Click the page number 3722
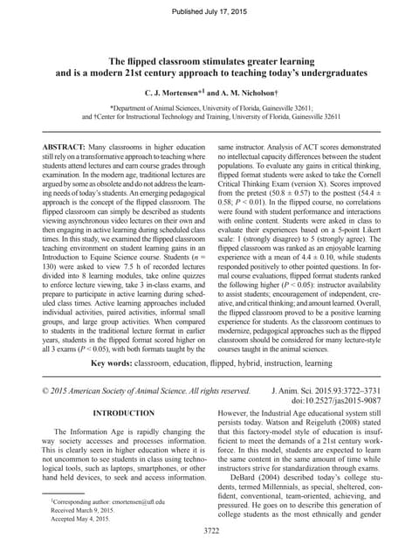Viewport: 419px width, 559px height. coord(209,530)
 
